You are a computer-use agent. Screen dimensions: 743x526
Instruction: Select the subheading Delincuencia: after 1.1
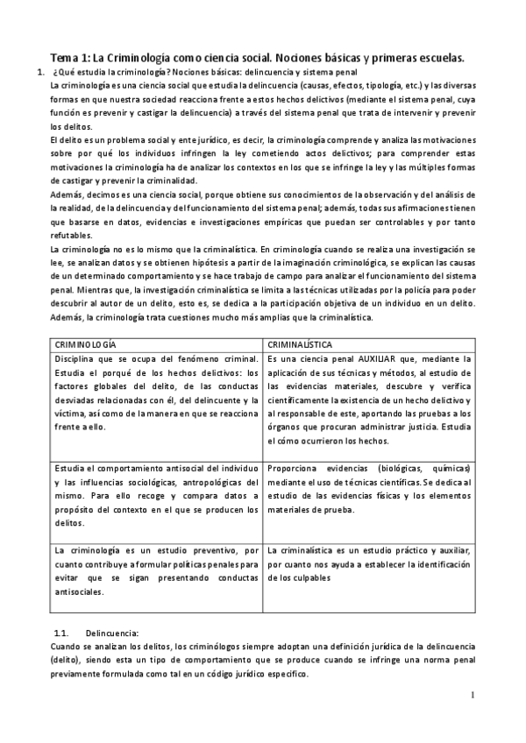(112, 632)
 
